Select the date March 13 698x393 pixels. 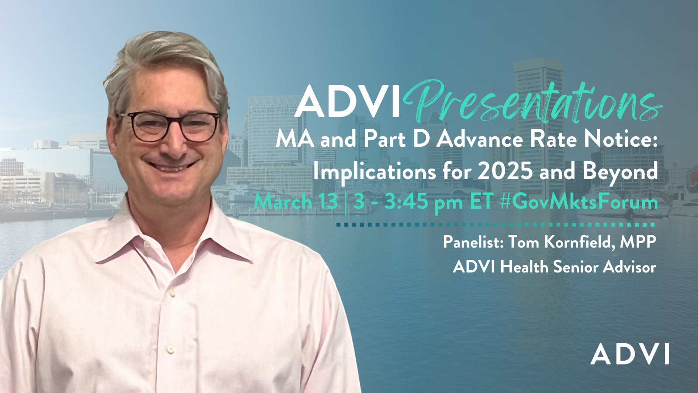pyautogui.click(x=296, y=202)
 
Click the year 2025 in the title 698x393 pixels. pyautogui.click(x=505, y=171)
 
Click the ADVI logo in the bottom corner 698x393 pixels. pyautogui.click(x=630, y=354)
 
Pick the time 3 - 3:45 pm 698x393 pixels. pyautogui.click(x=408, y=202)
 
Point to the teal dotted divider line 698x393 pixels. pyautogui.click(x=495, y=224)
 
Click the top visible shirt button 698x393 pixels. pyautogui.click(x=173, y=293)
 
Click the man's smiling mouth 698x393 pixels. pyautogui.click(x=172, y=166)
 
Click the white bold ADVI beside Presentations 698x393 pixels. pyautogui.click(x=347, y=102)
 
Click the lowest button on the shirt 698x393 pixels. pyautogui.click(x=170, y=349)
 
